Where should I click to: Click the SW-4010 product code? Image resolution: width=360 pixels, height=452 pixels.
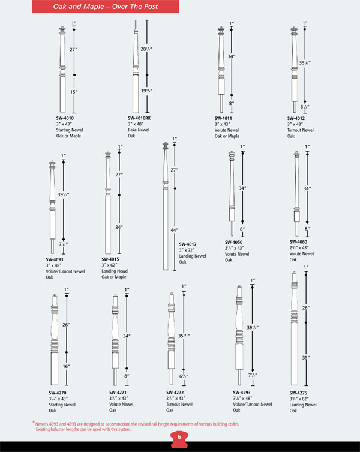(x=65, y=118)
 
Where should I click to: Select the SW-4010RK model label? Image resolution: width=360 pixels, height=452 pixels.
(x=139, y=118)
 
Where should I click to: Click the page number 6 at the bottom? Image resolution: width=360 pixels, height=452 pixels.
(x=179, y=436)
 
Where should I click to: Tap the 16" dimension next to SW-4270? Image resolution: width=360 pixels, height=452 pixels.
(x=67, y=366)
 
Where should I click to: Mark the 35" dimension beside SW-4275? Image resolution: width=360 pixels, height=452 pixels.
(x=306, y=357)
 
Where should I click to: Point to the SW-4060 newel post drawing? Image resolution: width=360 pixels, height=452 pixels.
(x=295, y=192)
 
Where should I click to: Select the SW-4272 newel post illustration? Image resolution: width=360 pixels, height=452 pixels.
(x=171, y=339)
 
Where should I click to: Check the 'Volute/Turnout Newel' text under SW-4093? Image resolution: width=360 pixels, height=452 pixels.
(x=65, y=271)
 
